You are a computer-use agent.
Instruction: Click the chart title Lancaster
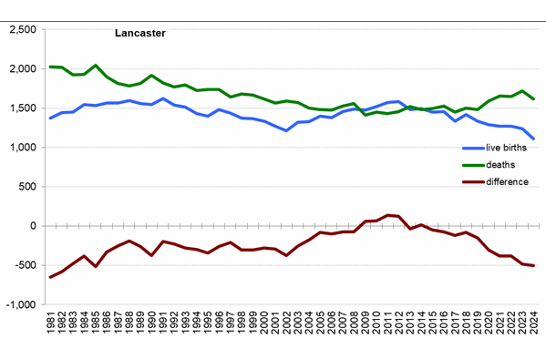click(139, 35)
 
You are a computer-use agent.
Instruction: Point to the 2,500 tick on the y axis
click(21, 30)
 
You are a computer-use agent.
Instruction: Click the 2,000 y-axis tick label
click(21, 69)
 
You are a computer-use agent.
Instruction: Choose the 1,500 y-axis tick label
click(21, 108)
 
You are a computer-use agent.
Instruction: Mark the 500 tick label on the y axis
click(26, 187)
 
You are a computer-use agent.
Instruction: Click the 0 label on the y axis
click(33, 226)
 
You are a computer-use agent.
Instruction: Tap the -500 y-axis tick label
click(25, 265)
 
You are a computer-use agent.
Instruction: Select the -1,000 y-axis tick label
click(19, 304)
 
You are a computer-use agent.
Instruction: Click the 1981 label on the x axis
click(51, 324)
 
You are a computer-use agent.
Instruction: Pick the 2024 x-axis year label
click(533, 324)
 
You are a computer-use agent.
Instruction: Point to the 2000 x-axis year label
click(264, 324)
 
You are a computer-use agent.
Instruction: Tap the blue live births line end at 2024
click(533, 139)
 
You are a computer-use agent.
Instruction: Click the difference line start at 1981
click(51, 277)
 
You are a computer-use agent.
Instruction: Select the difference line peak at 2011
click(387, 215)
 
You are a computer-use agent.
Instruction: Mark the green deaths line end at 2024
click(533, 98)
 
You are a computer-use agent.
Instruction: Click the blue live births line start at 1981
click(51, 118)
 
